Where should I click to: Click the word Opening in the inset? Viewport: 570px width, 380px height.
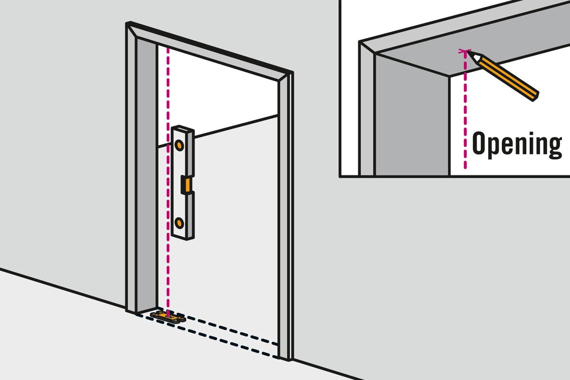pyautogui.click(x=517, y=144)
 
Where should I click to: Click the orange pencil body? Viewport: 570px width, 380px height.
pyautogui.click(x=508, y=78)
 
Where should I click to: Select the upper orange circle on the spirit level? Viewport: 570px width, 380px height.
pyautogui.click(x=179, y=145)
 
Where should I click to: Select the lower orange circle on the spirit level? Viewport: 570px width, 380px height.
pyautogui.click(x=179, y=223)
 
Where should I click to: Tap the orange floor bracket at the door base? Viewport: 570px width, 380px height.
pyautogui.click(x=168, y=317)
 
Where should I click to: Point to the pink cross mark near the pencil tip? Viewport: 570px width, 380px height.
pyautogui.click(x=465, y=51)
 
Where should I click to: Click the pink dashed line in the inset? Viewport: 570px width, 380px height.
pyautogui.click(x=465, y=109)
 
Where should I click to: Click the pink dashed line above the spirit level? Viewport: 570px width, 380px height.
pyautogui.click(x=168, y=86)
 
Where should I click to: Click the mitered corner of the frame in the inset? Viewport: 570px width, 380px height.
pyautogui.click(x=368, y=47)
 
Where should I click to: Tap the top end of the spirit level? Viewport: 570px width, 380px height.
pyautogui.click(x=183, y=128)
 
